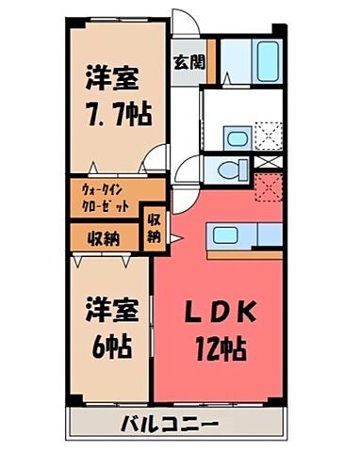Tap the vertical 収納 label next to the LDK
pyautogui.click(x=154, y=230)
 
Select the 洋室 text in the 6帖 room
pyautogui.click(x=108, y=309)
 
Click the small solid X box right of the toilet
pyautogui.click(x=270, y=163)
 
